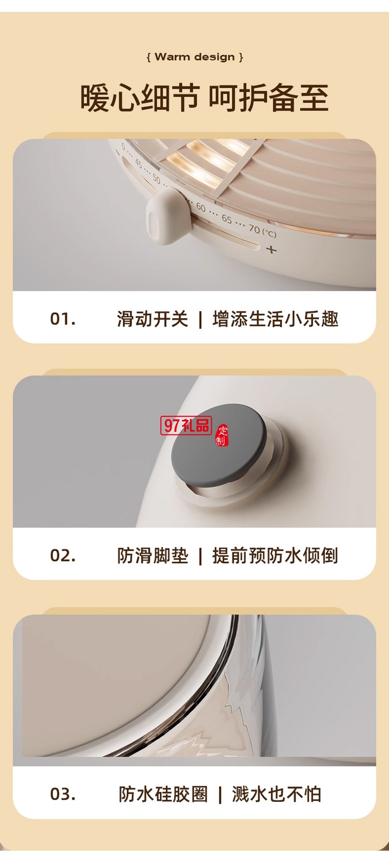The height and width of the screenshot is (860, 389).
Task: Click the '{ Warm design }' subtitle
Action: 195,57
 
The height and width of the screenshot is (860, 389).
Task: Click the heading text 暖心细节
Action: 140,98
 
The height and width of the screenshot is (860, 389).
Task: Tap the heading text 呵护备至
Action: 268,98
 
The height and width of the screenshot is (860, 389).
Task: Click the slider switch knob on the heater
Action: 162,216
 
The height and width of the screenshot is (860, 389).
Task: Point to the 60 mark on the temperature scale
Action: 201,207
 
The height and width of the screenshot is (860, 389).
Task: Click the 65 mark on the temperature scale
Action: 227,219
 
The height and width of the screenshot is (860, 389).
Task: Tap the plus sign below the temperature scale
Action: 271,250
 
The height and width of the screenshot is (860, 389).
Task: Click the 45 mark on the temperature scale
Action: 138,163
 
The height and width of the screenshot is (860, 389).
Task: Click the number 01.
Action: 63,319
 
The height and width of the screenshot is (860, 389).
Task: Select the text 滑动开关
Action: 152,319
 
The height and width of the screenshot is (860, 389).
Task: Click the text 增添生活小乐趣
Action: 275,319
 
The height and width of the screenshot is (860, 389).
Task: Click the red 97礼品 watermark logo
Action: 187,426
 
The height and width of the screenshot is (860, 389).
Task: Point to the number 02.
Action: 63,555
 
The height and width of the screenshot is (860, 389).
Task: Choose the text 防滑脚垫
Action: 152,555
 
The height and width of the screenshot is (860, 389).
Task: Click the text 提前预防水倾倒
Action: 275,555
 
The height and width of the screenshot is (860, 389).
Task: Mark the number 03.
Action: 63,794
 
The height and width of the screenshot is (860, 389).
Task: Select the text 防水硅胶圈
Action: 163,794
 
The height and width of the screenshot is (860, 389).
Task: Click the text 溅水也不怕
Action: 276,794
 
